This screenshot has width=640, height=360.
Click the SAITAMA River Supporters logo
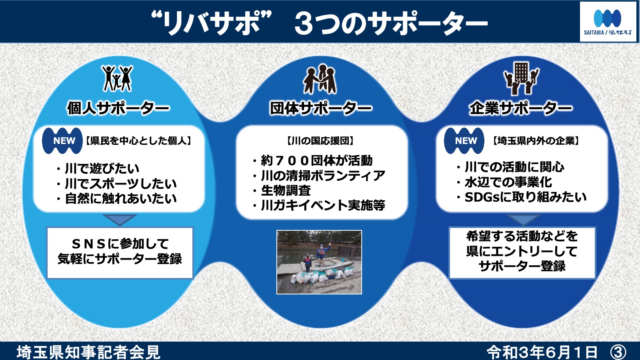[609, 22]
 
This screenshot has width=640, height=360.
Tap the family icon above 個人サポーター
[118, 78]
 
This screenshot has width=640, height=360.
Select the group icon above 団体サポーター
[320, 79]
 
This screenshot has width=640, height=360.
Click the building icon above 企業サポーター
[522, 79]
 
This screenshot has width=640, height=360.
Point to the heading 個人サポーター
[118, 108]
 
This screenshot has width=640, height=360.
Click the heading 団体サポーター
[320, 108]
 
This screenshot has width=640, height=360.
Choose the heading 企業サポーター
[521, 108]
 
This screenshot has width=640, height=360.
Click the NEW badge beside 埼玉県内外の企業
[464, 140]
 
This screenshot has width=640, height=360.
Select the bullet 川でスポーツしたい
[116, 184]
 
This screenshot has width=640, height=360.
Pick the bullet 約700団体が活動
[312, 160]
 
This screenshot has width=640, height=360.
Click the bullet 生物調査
[282, 190]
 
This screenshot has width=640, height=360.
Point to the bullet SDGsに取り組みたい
[522, 197]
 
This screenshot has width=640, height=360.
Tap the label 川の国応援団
[320, 140]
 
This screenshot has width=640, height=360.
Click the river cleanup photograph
[319, 262]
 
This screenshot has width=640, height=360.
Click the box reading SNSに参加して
[120, 253]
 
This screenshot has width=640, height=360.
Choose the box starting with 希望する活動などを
[522, 253]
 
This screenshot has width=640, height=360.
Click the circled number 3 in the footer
[618, 352]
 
